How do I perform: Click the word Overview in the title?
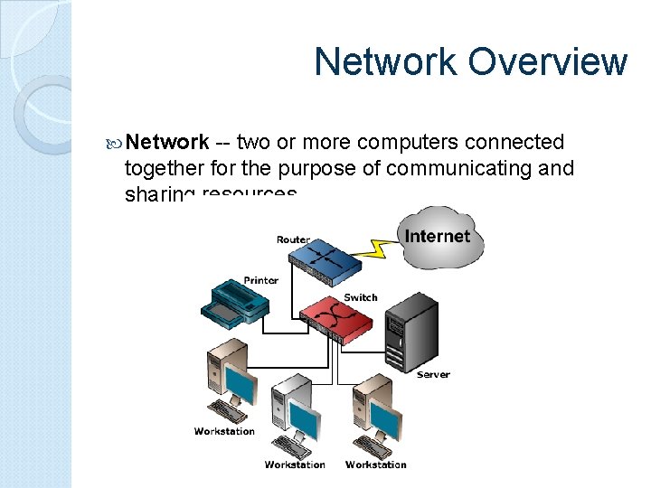click(x=547, y=61)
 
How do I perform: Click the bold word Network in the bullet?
click(x=168, y=143)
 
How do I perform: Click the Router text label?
click(x=293, y=239)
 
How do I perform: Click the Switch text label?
click(x=361, y=297)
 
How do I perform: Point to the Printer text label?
click(x=260, y=280)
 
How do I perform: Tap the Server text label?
click(x=433, y=374)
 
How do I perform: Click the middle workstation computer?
click(x=295, y=416)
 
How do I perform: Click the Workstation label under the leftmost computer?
click(x=224, y=431)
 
